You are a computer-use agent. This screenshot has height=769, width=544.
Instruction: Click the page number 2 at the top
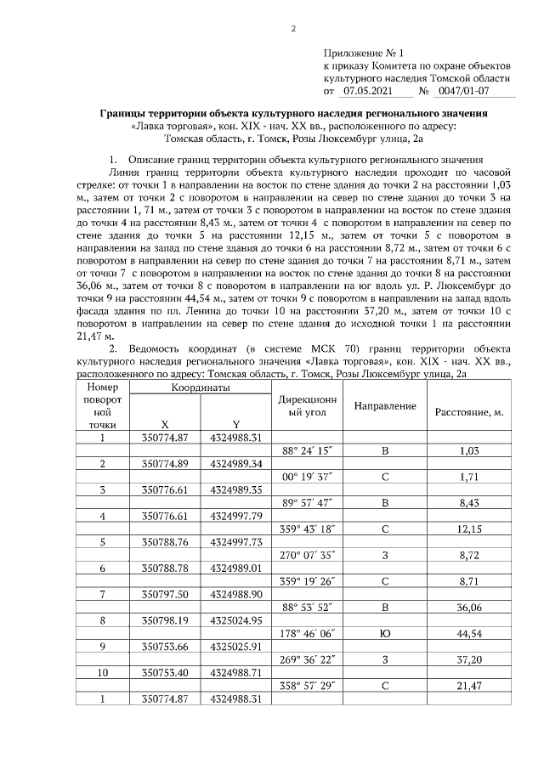292,30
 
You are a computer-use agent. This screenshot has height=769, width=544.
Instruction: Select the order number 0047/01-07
460,89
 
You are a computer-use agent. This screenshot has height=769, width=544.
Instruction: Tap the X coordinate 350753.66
165,670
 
